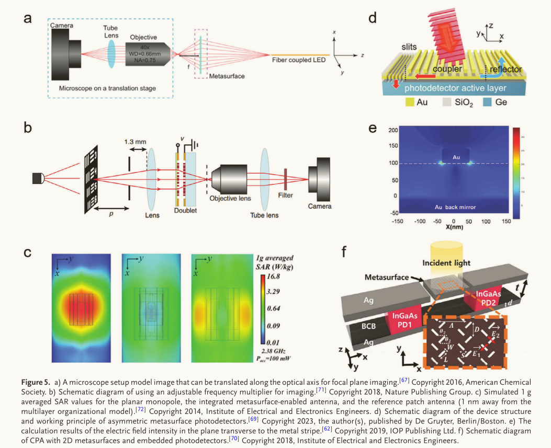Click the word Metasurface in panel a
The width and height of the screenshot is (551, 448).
(x=227, y=76)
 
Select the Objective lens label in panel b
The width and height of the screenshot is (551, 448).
(x=230, y=199)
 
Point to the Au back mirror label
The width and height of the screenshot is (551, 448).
(x=454, y=208)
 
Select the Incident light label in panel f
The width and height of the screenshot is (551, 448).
(x=447, y=263)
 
